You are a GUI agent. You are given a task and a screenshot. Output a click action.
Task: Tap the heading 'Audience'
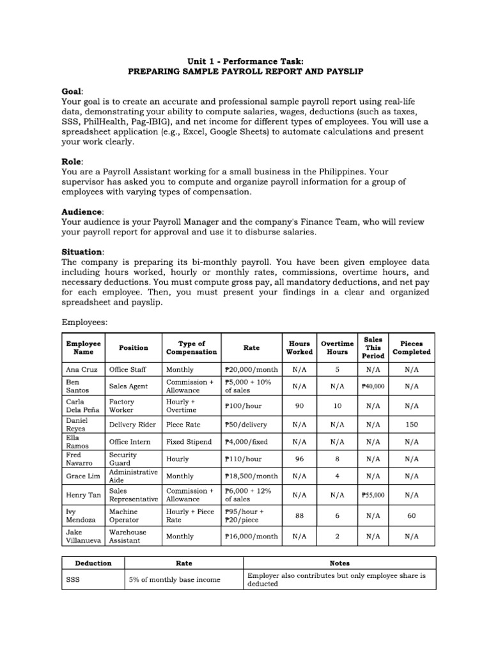pos(81,211)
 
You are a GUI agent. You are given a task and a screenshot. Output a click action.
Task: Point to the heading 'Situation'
pos(82,252)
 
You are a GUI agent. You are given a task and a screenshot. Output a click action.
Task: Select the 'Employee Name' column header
pos(84,347)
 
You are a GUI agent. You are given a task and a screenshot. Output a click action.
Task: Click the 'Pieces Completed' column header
pos(411,347)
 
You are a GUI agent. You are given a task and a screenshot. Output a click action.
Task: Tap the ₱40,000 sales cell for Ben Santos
pos(373,386)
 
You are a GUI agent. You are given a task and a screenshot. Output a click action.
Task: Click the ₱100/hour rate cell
pos(244,406)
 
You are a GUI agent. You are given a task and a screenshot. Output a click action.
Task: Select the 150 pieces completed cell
pos(411,423)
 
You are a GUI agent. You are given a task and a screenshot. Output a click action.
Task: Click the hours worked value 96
pos(299,458)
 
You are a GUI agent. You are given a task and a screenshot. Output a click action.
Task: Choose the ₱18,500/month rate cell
pos(251,476)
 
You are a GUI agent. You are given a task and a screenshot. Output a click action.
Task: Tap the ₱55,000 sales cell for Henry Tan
pos(373,494)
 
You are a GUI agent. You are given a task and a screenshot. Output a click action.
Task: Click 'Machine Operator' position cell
pos(124,515)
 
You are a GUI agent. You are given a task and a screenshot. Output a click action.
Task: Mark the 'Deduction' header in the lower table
pos(93,563)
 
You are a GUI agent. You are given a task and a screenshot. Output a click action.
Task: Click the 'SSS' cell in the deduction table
pos(74,579)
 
